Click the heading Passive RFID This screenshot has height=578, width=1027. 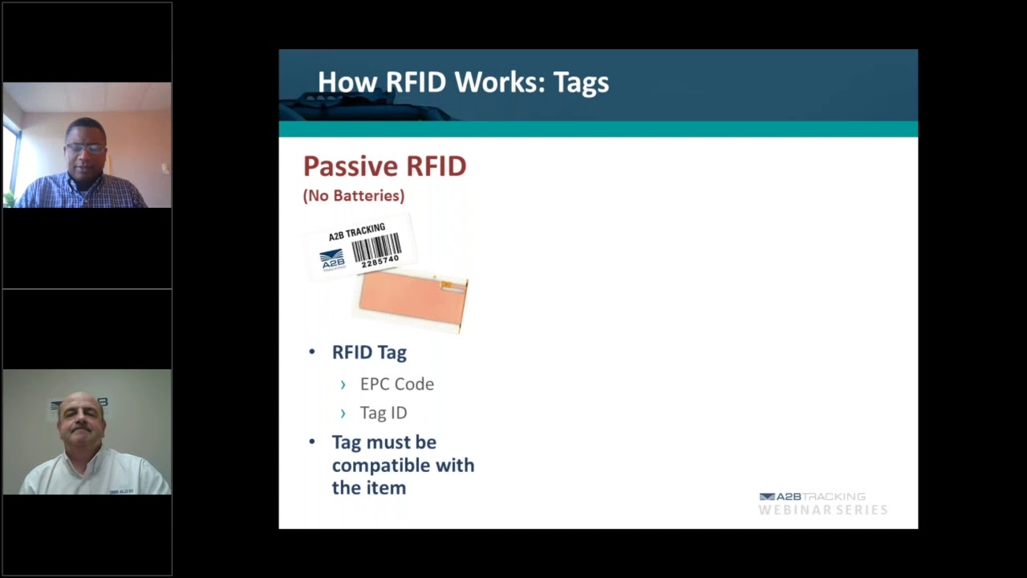coord(384,166)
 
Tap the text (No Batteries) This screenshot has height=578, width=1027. coord(354,196)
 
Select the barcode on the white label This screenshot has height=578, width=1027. coord(375,246)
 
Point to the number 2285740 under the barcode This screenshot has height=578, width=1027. coord(380,262)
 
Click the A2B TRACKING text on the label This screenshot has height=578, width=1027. coord(356,232)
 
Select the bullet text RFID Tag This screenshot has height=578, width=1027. coord(369,352)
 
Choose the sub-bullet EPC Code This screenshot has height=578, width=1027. coord(396,384)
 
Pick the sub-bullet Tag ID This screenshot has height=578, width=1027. coord(383,413)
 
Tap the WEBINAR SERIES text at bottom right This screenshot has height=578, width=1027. coord(822,510)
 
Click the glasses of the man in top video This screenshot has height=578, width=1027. coord(86,149)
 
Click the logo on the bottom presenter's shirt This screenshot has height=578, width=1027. coord(121,490)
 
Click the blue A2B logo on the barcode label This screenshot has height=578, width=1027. coord(332,258)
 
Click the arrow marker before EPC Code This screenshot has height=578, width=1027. coord(343,385)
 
